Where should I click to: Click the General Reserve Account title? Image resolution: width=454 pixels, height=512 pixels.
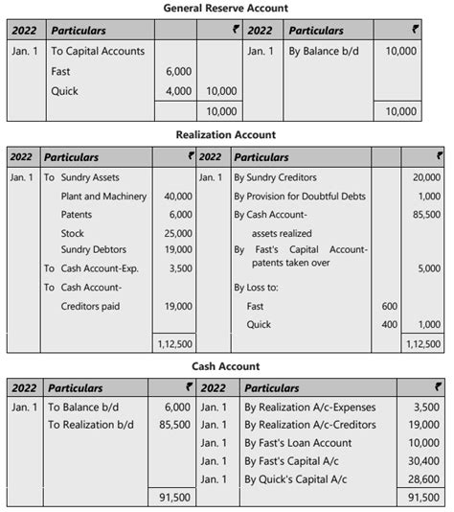click(226, 8)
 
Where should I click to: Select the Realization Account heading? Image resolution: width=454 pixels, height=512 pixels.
click(226, 135)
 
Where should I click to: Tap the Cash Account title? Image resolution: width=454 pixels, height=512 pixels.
click(226, 366)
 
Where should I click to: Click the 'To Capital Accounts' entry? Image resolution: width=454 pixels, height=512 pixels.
click(98, 51)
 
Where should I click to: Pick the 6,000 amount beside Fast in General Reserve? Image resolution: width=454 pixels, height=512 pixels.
click(179, 71)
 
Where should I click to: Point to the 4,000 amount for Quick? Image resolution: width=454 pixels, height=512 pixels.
click(179, 92)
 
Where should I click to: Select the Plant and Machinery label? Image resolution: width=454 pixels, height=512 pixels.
click(102, 197)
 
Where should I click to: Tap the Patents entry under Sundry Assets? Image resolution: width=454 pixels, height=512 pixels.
click(77, 215)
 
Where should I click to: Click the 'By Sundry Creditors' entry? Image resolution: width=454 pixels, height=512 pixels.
click(275, 177)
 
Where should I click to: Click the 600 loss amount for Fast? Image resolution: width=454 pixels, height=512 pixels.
click(389, 306)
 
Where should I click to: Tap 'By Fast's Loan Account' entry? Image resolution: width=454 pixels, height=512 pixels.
click(299, 443)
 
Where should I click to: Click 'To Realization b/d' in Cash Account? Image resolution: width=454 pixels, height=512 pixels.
click(91, 425)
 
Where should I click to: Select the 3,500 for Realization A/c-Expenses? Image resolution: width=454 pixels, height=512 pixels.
click(428, 407)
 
